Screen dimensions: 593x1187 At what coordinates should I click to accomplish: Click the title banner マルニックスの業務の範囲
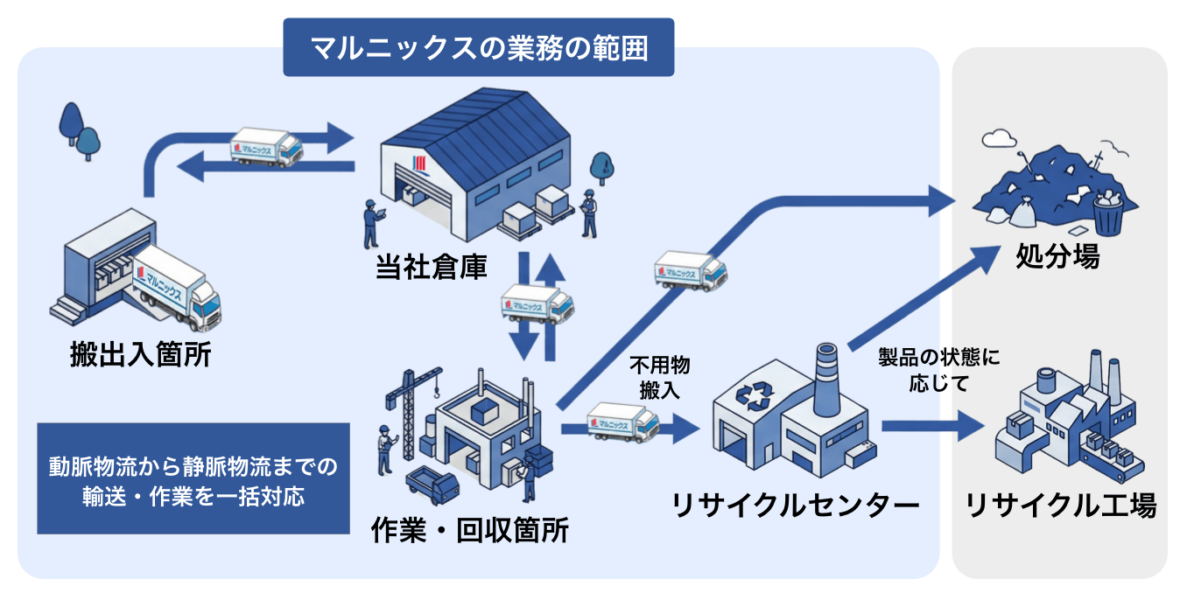tap(478, 47)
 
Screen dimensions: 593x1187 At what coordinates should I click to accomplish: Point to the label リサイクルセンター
tap(795, 505)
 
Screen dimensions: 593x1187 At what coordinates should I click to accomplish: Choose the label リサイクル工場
tap(1060, 505)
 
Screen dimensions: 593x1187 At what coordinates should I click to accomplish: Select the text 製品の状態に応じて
tap(938, 370)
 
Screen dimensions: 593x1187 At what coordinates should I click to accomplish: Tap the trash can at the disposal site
tap(1107, 214)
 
